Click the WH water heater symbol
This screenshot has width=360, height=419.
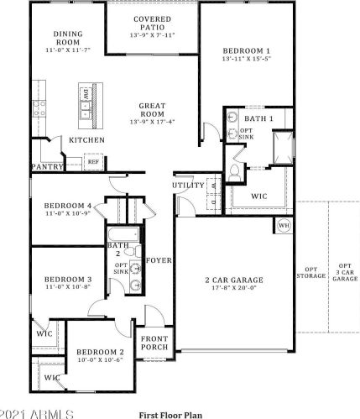(x=284, y=225)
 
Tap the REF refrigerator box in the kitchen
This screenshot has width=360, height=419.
(x=93, y=162)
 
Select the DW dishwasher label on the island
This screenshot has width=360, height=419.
(x=86, y=95)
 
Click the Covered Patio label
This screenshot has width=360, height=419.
(x=153, y=24)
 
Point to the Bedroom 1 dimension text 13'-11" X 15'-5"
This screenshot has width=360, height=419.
(x=247, y=59)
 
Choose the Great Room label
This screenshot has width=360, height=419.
(x=153, y=110)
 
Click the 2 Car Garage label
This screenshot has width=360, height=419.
(x=234, y=280)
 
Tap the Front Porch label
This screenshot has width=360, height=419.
(x=154, y=343)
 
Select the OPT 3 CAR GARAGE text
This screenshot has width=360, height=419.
(x=345, y=272)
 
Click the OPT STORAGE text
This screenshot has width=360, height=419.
(x=311, y=273)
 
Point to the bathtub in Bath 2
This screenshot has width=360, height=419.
(x=123, y=234)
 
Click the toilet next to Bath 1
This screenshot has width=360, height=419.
(x=234, y=173)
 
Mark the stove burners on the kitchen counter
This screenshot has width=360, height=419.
(x=39, y=109)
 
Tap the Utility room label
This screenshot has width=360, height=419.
(x=189, y=186)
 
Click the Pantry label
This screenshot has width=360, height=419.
(x=48, y=167)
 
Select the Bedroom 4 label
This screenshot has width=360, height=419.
(x=68, y=206)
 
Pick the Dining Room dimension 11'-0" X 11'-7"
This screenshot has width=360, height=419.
(x=68, y=50)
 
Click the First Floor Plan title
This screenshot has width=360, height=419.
(x=170, y=415)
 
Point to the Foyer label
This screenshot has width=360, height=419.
(x=159, y=260)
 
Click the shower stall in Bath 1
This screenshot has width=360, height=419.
(x=284, y=148)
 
